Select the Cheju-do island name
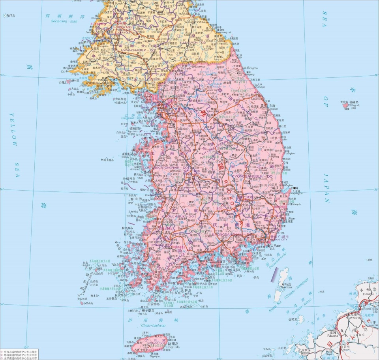click(174, 347)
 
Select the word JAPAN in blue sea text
click(326, 186)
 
